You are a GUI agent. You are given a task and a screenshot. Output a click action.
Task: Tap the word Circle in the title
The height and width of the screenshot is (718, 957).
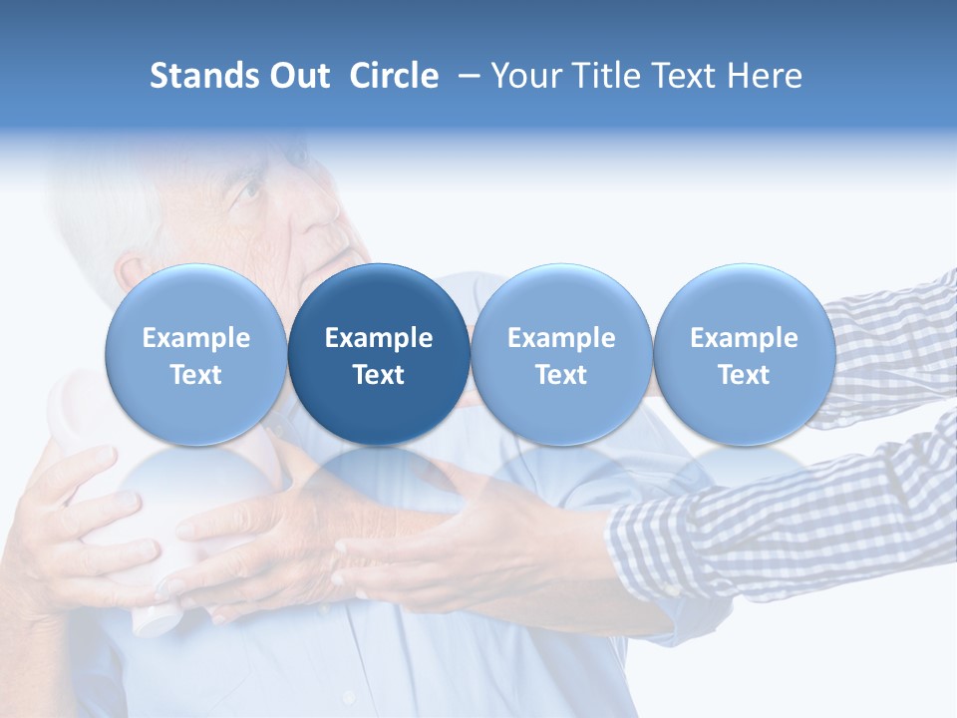[x=394, y=76]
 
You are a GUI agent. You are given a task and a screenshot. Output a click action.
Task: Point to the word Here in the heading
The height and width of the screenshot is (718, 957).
[x=765, y=76]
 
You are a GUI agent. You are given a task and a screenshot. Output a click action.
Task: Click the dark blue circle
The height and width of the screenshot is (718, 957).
[x=379, y=355]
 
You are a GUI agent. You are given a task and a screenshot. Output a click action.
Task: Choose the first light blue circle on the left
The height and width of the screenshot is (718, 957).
[x=195, y=355]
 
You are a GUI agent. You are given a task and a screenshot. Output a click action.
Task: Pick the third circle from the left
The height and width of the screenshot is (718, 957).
[x=561, y=355]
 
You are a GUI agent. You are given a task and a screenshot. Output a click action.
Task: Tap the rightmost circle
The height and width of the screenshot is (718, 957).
[x=744, y=355]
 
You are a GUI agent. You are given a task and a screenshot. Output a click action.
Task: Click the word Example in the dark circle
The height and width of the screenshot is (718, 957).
[x=379, y=338]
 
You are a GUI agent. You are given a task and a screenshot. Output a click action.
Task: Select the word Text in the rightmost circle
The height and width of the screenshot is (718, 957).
[x=744, y=375]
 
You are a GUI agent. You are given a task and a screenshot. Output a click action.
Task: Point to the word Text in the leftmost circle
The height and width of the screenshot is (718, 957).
[x=195, y=375]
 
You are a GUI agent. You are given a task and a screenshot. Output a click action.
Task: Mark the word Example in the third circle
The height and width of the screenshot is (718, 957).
[x=561, y=338]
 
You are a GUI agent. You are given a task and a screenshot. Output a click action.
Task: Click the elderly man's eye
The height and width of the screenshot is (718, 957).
[x=248, y=187]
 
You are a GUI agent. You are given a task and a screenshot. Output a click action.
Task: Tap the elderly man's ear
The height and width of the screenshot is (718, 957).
[x=135, y=274]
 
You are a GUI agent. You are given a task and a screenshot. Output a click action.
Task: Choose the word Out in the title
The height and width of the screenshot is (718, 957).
[x=300, y=76]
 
